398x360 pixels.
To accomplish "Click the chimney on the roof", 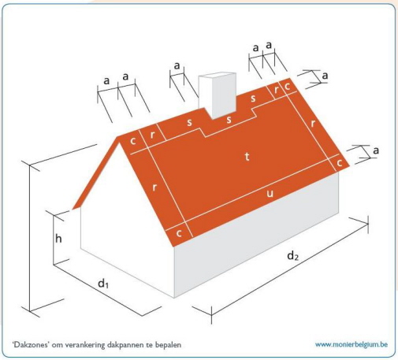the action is pyautogui.click(x=218, y=95).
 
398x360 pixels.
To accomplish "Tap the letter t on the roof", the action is pyautogui.click(x=247, y=157).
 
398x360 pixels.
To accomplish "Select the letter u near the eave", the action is pyautogui.click(x=270, y=194).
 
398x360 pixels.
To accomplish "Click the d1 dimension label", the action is pyautogui.click(x=103, y=284).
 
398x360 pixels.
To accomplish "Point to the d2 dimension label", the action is pyautogui.click(x=293, y=255).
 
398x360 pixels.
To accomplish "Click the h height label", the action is pyautogui.click(x=58, y=239).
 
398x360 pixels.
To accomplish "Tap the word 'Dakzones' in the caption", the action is pyautogui.click(x=31, y=344).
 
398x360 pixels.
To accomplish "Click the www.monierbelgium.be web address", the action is pyautogui.click(x=352, y=344).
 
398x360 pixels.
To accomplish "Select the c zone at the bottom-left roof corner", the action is pyautogui.click(x=179, y=233).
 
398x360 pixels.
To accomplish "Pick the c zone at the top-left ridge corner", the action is pyautogui.click(x=133, y=141).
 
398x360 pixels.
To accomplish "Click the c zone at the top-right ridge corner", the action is pyautogui.click(x=288, y=86).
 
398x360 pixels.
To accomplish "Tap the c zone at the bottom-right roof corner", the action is pyautogui.click(x=340, y=163).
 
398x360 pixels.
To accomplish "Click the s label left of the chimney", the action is pyautogui.click(x=189, y=122).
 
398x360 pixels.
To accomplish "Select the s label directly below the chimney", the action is pyautogui.click(x=229, y=120).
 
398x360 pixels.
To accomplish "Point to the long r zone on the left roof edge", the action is pyautogui.click(x=154, y=187).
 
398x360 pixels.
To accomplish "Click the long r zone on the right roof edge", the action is pyautogui.click(x=313, y=124).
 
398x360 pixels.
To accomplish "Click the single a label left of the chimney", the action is pyautogui.click(x=177, y=65).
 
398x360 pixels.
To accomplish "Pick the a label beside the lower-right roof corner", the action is pyautogui.click(x=376, y=150).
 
